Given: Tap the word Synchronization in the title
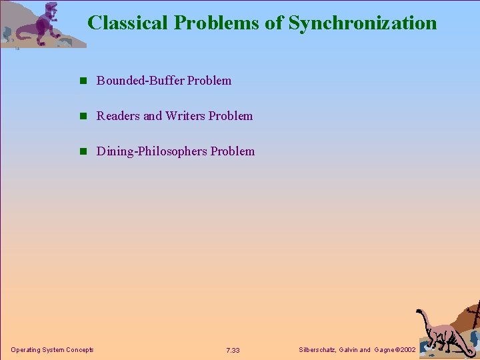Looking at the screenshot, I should click(363, 23).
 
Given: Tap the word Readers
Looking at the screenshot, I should click(118, 116).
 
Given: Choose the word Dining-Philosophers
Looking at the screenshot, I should click(152, 151).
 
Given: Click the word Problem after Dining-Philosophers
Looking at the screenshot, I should click(233, 151).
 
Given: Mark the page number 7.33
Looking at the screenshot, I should click(233, 351).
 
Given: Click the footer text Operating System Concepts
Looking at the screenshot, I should click(53, 350).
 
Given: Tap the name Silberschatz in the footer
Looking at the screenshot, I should click(319, 350).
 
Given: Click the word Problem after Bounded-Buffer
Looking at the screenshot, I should click(209, 81).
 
